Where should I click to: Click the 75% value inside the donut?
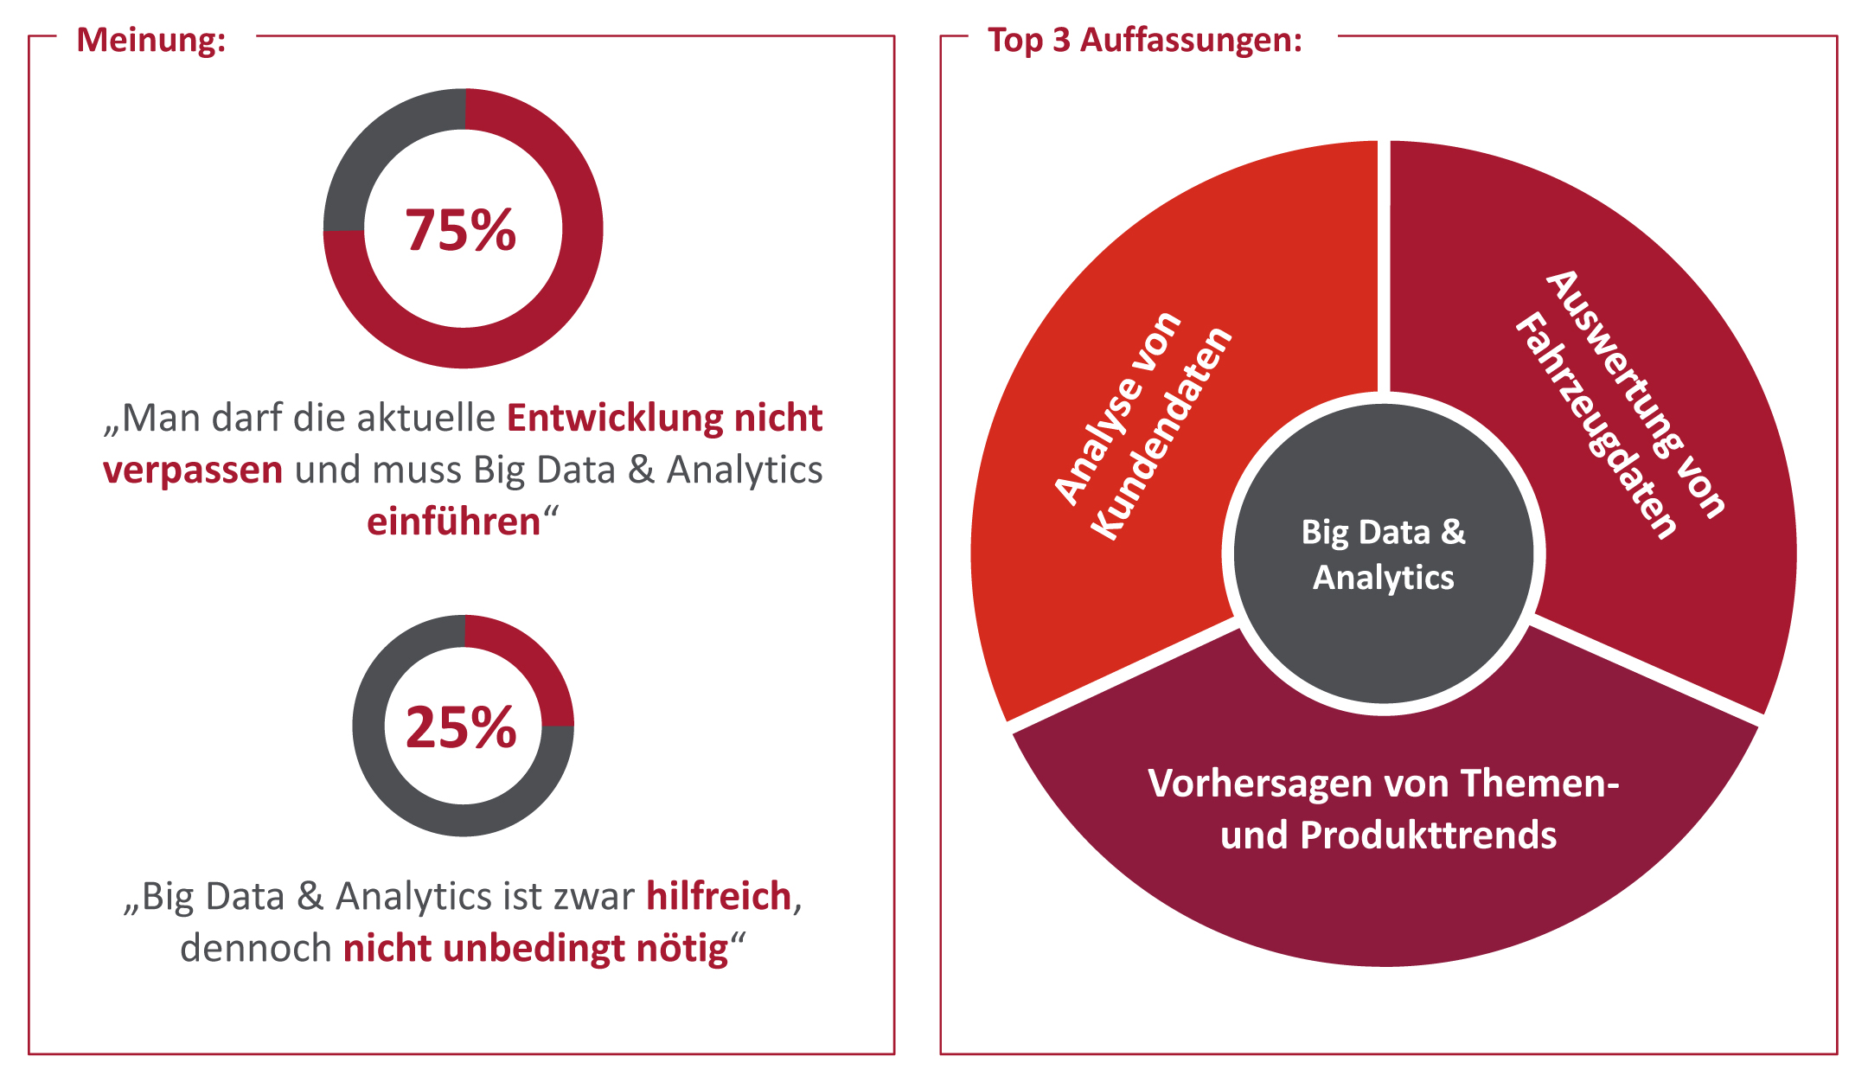[460, 231]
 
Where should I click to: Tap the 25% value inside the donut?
[460, 727]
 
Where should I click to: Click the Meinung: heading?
[151, 40]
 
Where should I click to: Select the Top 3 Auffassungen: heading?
[1144, 40]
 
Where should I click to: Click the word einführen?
[453, 522]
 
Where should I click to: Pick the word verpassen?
[192, 470]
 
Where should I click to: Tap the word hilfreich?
[719, 896]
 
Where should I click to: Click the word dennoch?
[255, 949]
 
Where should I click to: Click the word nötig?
[682, 949]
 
